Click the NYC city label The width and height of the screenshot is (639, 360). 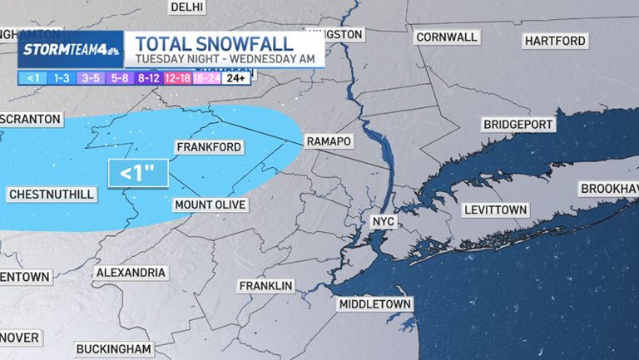pyautogui.click(x=383, y=223)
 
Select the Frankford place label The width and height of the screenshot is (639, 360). pyautogui.click(x=209, y=147)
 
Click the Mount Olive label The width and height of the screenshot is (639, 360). pyautogui.click(x=209, y=205)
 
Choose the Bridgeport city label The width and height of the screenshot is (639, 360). pyautogui.click(x=518, y=124)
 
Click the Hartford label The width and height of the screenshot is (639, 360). pyautogui.click(x=556, y=41)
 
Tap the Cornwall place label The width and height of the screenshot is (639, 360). pyautogui.click(x=447, y=37)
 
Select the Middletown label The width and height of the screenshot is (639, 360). pyautogui.click(x=375, y=304)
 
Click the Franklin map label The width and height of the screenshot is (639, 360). pyautogui.click(x=266, y=286)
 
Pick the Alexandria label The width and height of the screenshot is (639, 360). pyautogui.click(x=131, y=273)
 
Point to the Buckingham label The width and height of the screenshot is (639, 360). pyautogui.click(x=114, y=348)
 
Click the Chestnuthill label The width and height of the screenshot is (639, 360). pyautogui.click(x=52, y=195)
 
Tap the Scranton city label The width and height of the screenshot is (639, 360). pyautogui.click(x=31, y=120)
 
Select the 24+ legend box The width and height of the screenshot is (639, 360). pyautogui.click(x=235, y=78)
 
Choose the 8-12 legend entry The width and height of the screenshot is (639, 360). pyautogui.click(x=149, y=78)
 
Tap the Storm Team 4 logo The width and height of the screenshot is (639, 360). pyautogui.click(x=71, y=49)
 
